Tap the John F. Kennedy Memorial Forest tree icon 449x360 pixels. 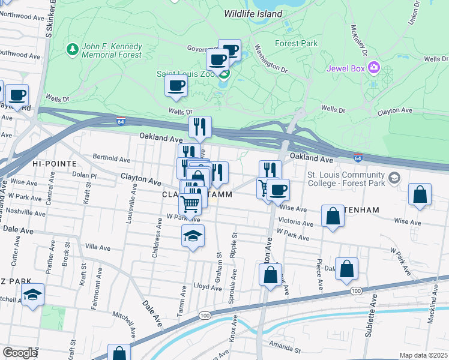click(72, 48)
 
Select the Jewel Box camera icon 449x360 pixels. click(375, 66)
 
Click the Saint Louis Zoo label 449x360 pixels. click(185, 74)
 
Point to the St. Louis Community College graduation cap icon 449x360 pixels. click(394, 178)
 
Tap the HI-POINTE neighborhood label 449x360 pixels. click(55, 163)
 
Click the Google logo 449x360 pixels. click(20, 353)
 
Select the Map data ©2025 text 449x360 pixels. click(423, 355)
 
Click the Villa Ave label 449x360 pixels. click(98, 247)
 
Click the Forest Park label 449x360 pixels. click(295, 43)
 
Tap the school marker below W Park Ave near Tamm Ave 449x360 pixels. click(193, 236)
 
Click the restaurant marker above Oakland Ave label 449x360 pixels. click(200, 127)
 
